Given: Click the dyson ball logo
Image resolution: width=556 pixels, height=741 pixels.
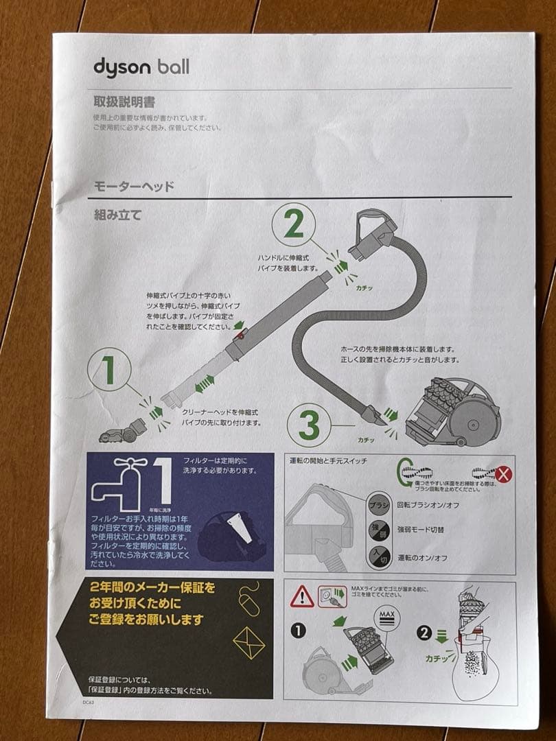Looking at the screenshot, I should [x=141, y=67].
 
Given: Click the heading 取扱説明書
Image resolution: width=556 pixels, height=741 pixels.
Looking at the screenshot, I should [x=124, y=102].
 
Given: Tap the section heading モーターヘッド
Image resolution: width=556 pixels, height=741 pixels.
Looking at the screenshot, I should [x=134, y=186].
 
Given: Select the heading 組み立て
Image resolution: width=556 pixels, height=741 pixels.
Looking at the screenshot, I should [x=118, y=215].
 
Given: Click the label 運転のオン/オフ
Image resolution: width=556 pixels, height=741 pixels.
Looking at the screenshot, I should [x=423, y=558].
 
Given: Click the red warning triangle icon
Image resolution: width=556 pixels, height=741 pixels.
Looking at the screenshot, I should [x=302, y=596].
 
